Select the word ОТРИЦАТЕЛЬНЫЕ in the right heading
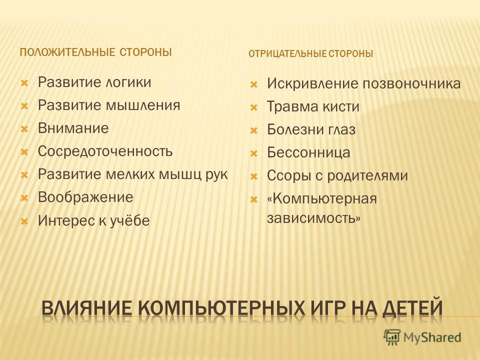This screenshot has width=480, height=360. [287, 54]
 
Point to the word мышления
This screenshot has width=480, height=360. [143, 105]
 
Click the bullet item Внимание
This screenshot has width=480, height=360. [73, 128]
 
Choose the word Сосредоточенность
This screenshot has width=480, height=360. [105, 151]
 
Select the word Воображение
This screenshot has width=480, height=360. [85, 197]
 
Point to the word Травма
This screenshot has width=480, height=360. [288, 106]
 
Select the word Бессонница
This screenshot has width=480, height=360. [308, 152]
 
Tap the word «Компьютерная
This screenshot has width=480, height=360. [322, 198]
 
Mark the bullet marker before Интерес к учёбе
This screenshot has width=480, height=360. [24, 221]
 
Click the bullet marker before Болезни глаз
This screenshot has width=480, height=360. [254, 130]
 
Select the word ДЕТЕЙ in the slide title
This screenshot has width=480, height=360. [412, 308]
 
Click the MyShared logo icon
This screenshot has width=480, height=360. [392, 337]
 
